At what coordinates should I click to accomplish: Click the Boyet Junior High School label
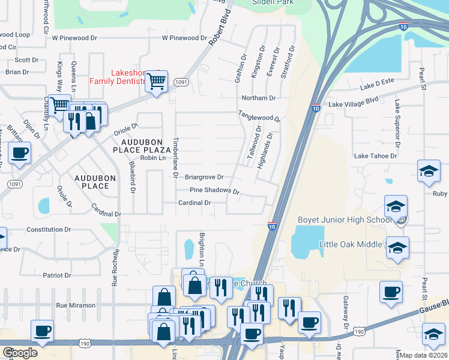345,220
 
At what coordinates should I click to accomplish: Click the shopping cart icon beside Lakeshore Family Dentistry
157,81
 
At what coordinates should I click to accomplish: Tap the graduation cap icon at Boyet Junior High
396,207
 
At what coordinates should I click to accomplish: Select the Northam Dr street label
258,98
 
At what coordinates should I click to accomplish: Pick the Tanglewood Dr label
259,115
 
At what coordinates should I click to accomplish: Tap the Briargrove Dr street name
204,177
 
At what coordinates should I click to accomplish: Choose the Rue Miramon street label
76,305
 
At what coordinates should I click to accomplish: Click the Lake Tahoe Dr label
376,156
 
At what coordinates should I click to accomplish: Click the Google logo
20,353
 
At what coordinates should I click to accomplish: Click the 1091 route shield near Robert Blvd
179,81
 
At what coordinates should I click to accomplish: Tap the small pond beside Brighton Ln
189,247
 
